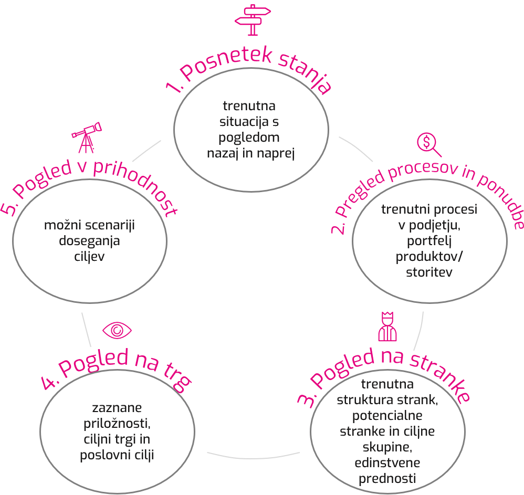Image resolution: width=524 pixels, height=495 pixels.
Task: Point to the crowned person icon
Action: pyautogui.click(x=387, y=326)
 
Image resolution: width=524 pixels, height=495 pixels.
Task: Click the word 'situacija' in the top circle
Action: pyautogui.click(x=241, y=122)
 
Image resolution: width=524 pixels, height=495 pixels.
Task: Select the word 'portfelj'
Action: pyautogui.click(x=429, y=240)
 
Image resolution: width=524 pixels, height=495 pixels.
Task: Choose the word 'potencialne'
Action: pyautogui.click(x=387, y=416)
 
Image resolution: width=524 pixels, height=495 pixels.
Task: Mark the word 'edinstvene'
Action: pyautogui.click(x=387, y=464)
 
